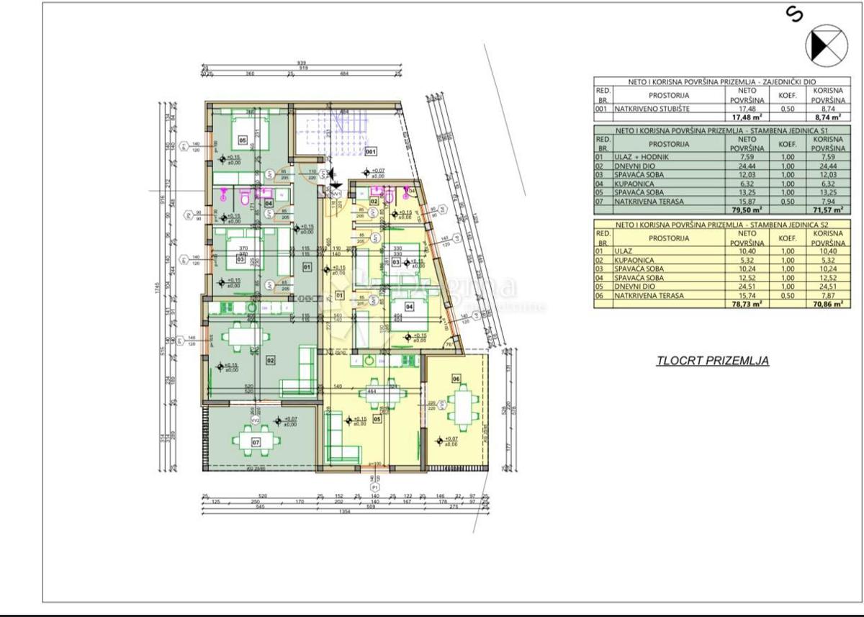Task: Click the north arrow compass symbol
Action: coord(826,44)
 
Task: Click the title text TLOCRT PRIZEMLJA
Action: coord(712,361)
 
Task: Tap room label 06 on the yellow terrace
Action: coord(456,378)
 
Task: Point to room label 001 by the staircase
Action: coord(371,152)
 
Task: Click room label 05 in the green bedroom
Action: coord(242,140)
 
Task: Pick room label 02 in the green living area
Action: coord(271,359)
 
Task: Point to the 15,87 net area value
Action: coord(747,202)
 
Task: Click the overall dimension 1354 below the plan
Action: coord(344,511)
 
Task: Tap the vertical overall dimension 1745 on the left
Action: coord(156,288)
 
